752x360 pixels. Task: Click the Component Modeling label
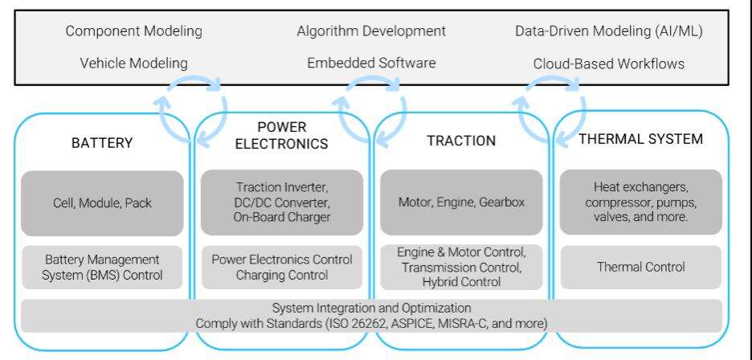pyautogui.click(x=134, y=31)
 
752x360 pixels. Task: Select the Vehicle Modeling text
pyautogui.click(x=134, y=63)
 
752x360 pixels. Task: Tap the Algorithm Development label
pyautogui.click(x=371, y=31)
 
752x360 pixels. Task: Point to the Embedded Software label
pyautogui.click(x=371, y=63)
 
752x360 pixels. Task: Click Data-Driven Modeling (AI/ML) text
pyautogui.click(x=609, y=31)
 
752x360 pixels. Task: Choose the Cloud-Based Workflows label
pyautogui.click(x=609, y=63)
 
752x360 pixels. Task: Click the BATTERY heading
pyautogui.click(x=102, y=143)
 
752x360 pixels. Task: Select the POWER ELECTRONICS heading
pyautogui.click(x=281, y=135)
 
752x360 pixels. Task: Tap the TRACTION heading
pyautogui.click(x=461, y=141)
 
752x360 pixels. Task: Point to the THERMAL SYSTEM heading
pyautogui.click(x=641, y=139)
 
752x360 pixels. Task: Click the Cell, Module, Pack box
pyautogui.click(x=102, y=203)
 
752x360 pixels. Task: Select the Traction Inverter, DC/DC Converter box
pyautogui.click(x=282, y=202)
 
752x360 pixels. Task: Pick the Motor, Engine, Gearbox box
pyautogui.click(x=461, y=202)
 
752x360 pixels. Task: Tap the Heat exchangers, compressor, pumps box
pyautogui.click(x=641, y=202)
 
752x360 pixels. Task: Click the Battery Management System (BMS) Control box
pyautogui.click(x=102, y=268)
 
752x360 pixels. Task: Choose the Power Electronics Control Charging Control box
pyautogui.click(x=282, y=268)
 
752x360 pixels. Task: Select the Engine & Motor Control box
pyautogui.click(x=461, y=267)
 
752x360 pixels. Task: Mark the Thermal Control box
pyautogui.click(x=641, y=267)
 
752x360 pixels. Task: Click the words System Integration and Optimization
pyautogui.click(x=372, y=308)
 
